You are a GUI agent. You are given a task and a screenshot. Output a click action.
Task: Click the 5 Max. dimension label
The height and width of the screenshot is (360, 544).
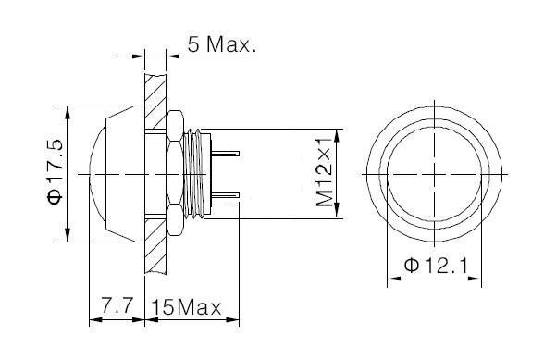(223, 44)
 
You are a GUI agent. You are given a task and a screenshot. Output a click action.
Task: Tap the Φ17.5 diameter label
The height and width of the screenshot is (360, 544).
(56, 172)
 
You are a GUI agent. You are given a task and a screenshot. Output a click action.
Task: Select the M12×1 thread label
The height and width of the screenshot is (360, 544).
(325, 171)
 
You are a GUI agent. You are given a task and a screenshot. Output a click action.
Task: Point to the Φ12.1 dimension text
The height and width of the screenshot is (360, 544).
(436, 266)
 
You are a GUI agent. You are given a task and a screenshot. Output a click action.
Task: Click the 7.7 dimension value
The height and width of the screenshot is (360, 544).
(117, 305)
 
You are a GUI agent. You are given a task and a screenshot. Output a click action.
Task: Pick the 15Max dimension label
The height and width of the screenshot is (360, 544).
(186, 307)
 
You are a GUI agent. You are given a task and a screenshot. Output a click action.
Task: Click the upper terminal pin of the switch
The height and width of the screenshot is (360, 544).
(226, 153)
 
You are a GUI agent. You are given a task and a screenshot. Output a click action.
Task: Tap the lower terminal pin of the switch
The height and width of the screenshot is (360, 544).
(226, 195)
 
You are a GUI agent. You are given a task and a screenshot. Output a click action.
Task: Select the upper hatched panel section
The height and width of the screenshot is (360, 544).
(155, 102)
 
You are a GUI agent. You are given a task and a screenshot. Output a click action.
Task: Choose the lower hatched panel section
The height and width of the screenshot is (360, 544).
(155, 247)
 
